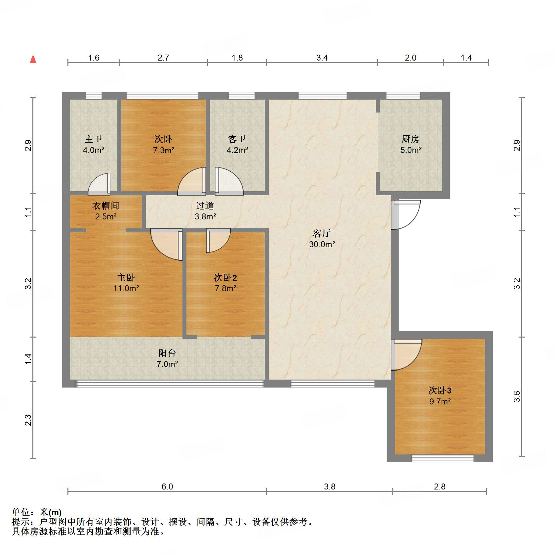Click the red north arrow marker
coord(33,59)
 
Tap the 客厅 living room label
coord(322,234)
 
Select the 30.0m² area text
coord(322,245)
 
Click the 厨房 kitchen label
coord(411,139)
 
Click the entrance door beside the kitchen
coord(406,214)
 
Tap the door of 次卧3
coord(406,354)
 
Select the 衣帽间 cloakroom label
coord(105,206)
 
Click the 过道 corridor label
coord(205,206)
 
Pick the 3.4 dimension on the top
coord(322,58)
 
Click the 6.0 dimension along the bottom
coord(167,486)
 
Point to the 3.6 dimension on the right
coord(517,396)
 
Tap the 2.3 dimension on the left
coord(28,420)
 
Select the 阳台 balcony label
coord(167,353)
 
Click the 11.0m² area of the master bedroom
coord(126,289)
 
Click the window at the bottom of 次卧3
coord(443,458)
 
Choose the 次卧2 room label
coord(225,278)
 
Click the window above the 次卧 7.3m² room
coord(163,96)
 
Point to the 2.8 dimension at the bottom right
coord(440,486)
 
